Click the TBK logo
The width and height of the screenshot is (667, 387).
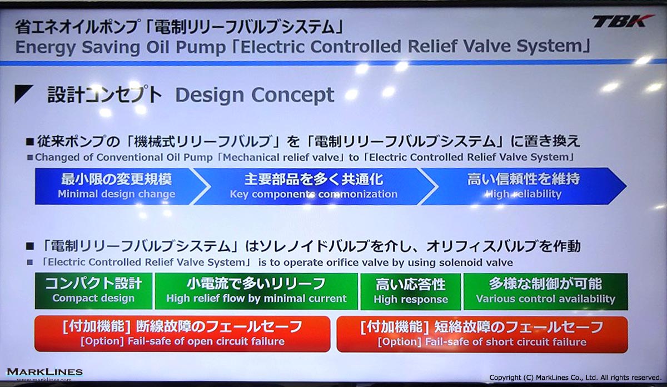623,22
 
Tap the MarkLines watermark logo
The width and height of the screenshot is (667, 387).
44,374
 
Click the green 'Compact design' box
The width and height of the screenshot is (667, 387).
93,291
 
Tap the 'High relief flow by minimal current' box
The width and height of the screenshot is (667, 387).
256,291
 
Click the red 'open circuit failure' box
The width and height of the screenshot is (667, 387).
182,334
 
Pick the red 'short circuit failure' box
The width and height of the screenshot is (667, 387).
482,335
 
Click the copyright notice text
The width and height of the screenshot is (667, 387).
575,378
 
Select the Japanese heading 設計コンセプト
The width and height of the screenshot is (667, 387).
105,95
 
